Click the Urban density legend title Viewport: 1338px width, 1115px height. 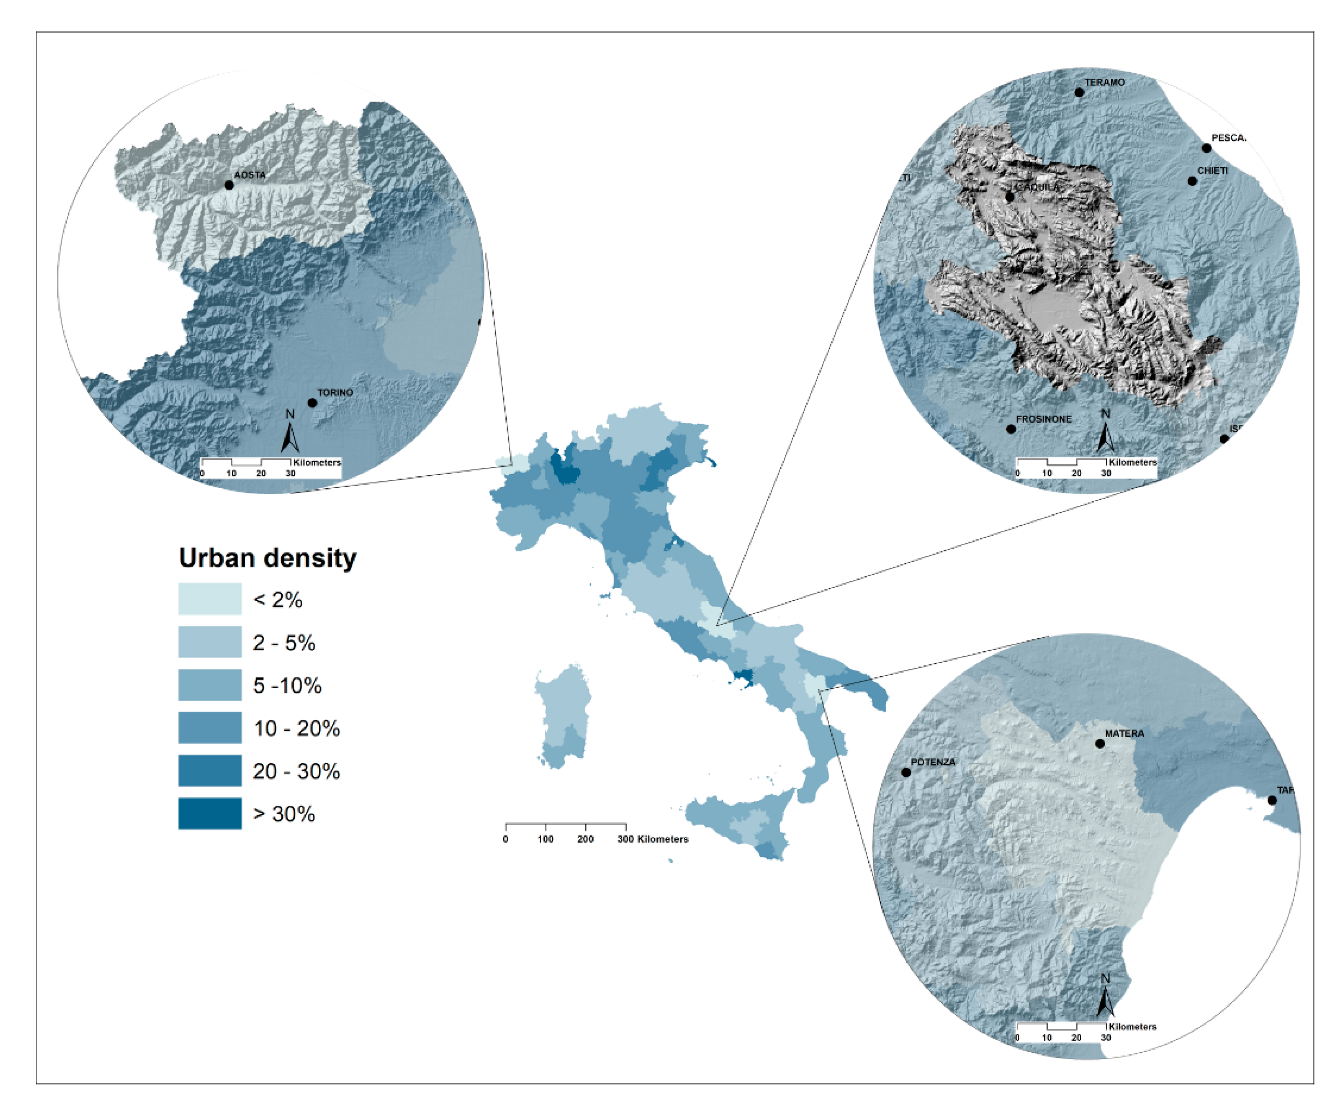pos(268,557)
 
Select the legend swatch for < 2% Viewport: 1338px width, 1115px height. pos(210,599)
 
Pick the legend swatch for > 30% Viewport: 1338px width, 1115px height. pos(210,813)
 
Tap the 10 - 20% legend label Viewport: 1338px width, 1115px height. pos(296,728)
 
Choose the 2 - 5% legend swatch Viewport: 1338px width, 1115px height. pos(210,642)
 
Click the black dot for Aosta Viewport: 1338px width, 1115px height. pos(229,185)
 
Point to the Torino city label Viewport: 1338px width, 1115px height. pos(335,393)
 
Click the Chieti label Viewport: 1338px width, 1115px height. pos(1212,171)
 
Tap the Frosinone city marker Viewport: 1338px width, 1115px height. pos(1010,429)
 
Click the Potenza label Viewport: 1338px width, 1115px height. pos(933,762)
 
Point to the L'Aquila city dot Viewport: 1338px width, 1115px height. pos(1009,197)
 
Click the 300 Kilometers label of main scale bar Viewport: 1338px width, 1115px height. pos(653,839)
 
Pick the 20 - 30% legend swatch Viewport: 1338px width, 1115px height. pos(210,770)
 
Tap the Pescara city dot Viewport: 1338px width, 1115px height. pos(1206,148)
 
